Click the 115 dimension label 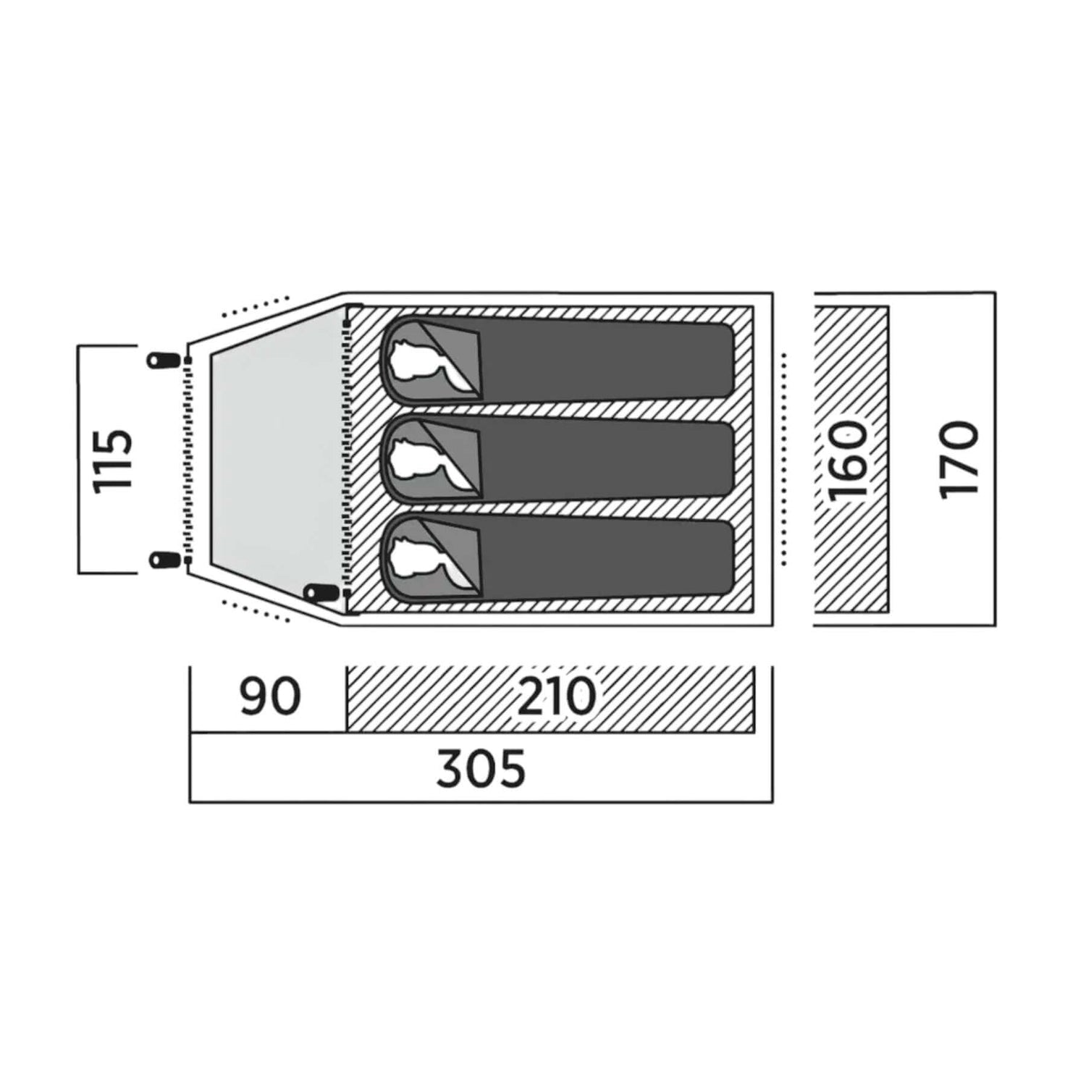(114, 460)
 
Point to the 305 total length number (481, 769)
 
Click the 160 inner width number (848, 460)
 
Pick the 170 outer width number (959, 460)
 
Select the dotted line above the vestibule (256, 306)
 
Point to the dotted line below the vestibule (256, 610)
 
